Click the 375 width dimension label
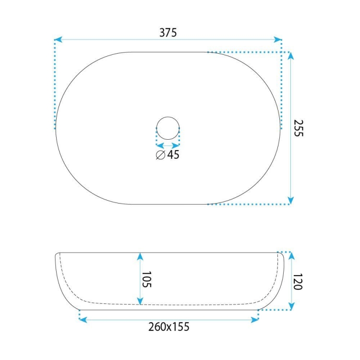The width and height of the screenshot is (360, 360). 168,33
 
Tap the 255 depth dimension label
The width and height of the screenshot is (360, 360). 299,128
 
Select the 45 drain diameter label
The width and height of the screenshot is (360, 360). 173,155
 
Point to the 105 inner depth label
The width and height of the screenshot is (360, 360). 146,279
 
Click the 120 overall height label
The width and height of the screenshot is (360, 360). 298,281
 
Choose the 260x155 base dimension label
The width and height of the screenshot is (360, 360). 169,327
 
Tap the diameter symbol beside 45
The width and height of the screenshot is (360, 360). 160,155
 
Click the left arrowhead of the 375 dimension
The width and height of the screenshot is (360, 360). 58,39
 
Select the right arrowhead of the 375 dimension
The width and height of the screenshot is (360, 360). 278,39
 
